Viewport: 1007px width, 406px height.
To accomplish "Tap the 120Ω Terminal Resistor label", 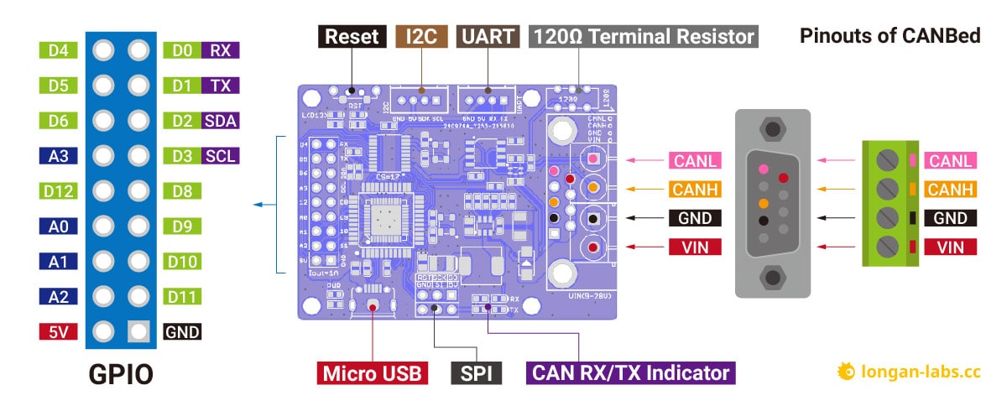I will tap(644, 37).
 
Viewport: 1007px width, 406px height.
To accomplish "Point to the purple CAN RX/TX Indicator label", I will tap(630, 372).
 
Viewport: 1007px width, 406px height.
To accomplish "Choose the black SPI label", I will tap(476, 372).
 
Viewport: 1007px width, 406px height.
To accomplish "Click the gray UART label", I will tap(488, 37).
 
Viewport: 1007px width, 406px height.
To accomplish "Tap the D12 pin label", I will tap(58, 191).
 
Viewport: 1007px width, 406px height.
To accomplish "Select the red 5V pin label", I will tap(58, 332).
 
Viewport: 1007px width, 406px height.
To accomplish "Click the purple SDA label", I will tap(221, 121).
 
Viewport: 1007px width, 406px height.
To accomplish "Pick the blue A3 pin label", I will tap(58, 156).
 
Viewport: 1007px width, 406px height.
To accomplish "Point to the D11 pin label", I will tap(182, 297).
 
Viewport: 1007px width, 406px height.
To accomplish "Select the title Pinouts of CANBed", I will tap(890, 37).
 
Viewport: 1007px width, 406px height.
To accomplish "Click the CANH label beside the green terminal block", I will tap(952, 190).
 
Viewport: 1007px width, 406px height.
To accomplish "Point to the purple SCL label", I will tap(221, 156).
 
